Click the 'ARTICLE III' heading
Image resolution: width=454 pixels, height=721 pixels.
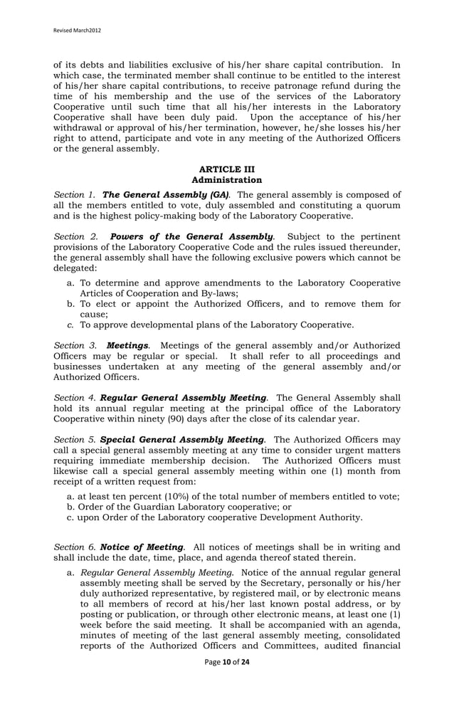226,169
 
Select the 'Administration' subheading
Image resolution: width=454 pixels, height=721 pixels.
226,180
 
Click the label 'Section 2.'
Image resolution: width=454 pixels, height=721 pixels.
75,236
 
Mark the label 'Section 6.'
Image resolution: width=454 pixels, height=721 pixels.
75,547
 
